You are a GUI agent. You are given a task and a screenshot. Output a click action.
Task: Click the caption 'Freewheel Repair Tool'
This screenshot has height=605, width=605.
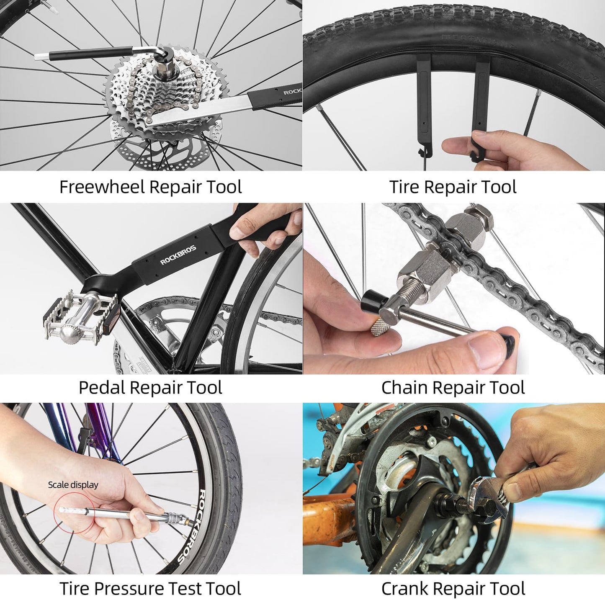click(x=150, y=187)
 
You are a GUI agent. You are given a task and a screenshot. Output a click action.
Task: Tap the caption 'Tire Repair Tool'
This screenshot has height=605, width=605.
click(x=453, y=187)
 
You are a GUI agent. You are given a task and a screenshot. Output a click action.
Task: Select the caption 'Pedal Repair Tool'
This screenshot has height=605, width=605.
click(x=150, y=387)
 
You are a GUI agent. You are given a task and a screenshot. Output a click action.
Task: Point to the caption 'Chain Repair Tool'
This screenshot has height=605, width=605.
click(x=453, y=387)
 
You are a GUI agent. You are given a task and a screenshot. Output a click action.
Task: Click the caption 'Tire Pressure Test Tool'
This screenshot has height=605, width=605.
click(x=150, y=588)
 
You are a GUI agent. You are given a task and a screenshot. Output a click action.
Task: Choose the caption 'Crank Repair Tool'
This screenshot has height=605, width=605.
click(x=453, y=588)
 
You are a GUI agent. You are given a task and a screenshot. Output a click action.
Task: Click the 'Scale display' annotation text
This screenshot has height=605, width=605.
click(x=73, y=485)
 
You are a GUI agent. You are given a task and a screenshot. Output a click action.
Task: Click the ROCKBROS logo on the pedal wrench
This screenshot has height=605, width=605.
click(x=178, y=255)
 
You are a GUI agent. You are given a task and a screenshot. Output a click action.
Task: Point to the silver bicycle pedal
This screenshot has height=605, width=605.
click(x=80, y=318)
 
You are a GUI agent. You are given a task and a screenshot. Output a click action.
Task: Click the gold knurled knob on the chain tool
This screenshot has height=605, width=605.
click(x=379, y=327)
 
